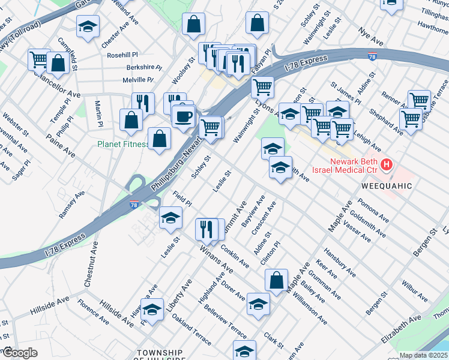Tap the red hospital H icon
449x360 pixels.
pos(387,164)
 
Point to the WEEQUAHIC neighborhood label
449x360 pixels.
pos(387,186)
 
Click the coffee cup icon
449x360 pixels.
pos(184,115)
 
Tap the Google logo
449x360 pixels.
pos(19,353)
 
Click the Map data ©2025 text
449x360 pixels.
pos(424,355)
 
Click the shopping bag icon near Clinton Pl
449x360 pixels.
pos(276,280)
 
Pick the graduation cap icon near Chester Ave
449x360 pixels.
pos(88,26)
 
